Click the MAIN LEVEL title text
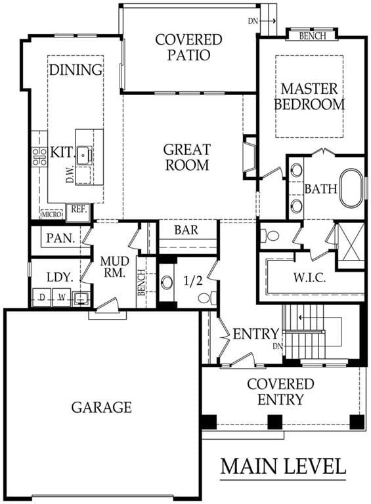[x=283, y=466]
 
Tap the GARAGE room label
[x=102, y=408]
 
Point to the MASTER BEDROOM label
[x=309, y=96]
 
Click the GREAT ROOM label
[x=187, y=157]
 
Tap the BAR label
[x=186, y=230]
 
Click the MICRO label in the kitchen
[x=51, y=214]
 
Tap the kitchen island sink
[x=83, y=156]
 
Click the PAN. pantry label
[x=60, y=238]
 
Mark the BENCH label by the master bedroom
[x=311, y=35]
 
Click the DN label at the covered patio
[x=253, y=21]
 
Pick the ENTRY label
[x=256, y=334]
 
